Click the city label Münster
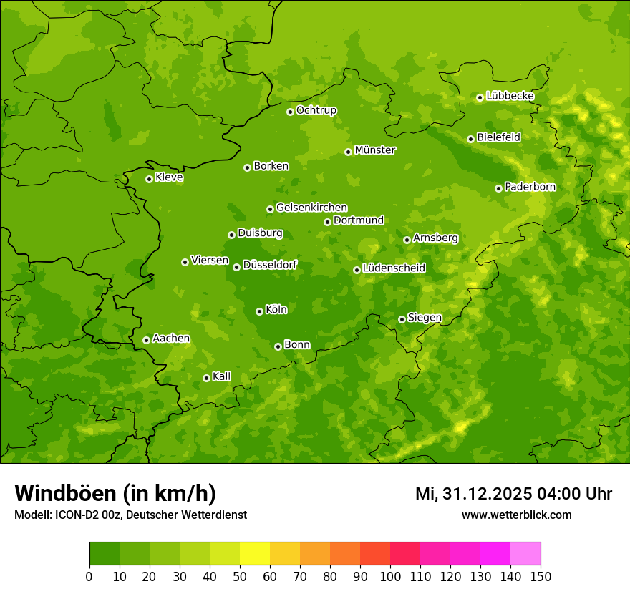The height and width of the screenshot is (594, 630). (x=375, y=150)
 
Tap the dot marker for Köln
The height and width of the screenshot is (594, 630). (x=259, y=311)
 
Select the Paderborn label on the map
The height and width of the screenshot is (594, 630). (x=530, y=187)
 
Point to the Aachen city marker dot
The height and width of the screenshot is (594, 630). (x=146, y=340)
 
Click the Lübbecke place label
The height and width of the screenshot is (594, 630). (x=510, y=96)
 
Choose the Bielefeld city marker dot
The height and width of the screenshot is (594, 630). (x=470, y=139)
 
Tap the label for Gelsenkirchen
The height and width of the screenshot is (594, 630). (x=311, y=208)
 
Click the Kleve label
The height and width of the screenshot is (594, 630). (x=169, y=177)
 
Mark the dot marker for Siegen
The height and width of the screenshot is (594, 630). (x=402, y=319)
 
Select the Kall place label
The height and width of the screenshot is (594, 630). (x=222, y=376)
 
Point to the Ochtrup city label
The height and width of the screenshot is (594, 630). (x=316, y=110)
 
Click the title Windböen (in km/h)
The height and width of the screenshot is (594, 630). (x=115, y=494)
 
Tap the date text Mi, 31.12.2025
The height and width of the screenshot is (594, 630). (x=472, y=494)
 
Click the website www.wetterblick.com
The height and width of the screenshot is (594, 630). (x=517, y=515)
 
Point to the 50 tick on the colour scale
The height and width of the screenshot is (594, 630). (x=240, y=576)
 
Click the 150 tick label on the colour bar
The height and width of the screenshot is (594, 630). (x=541, y=576)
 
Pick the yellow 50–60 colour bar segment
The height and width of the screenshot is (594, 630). (x=255, y=554)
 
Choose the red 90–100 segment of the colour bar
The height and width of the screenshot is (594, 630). (x=375, y=554)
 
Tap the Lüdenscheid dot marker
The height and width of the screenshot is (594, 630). (x=357, y=270)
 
